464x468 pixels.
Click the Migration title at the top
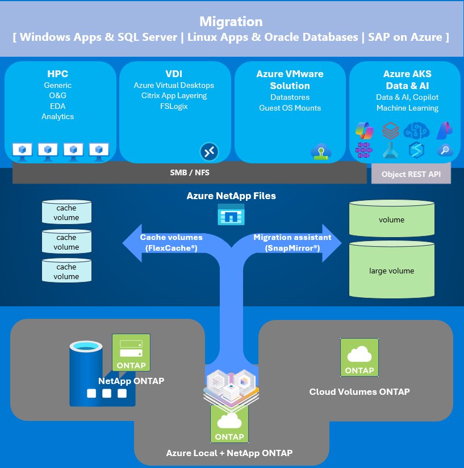pyautogui.click(x=231, y=22)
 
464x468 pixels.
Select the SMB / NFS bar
pyautogui.click(x=189, y=173)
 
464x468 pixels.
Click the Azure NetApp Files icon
pyautogui.click(x=231, y=216)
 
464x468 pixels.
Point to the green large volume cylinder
pyautogui.click(x=391, y=270)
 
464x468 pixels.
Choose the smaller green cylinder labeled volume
pyautogui.click(x=391, y=220)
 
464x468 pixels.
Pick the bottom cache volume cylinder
pyautogui.click(x=66, y=271)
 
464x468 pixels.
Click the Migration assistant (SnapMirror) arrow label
pyautogui.click(x=292, y=243)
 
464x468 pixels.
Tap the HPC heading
pyautogui.click(x=57, y=74)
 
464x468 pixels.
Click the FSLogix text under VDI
pyautogui.click(x=174, y=106)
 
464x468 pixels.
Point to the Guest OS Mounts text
pyautogui.click(x=290, y=108)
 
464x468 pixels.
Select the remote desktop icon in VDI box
pyautogui.click(x=209, y=151)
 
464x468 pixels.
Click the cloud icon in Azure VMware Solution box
pyautogui.click(x=320, y=151)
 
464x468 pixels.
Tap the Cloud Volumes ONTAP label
pyautogui.click(x=359, y=391)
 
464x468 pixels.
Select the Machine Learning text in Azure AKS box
pyautogui.click(x=407, y=108)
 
